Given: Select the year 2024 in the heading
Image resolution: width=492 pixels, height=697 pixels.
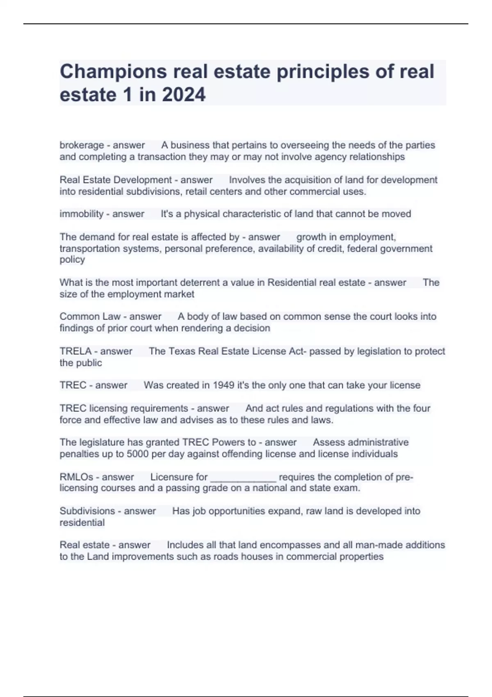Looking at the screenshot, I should [184, 95].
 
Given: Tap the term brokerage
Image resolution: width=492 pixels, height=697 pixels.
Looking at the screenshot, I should [82, 145].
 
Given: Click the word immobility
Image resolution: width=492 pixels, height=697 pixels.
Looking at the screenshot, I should [82, 214].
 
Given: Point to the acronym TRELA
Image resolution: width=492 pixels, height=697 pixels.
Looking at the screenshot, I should [75, 351].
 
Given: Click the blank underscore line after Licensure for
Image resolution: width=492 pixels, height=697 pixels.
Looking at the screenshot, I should [243, 478].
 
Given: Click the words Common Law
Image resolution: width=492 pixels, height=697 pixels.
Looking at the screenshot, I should [90, 317].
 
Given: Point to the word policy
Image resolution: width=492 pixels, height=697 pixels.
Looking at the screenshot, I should [72, 260].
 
